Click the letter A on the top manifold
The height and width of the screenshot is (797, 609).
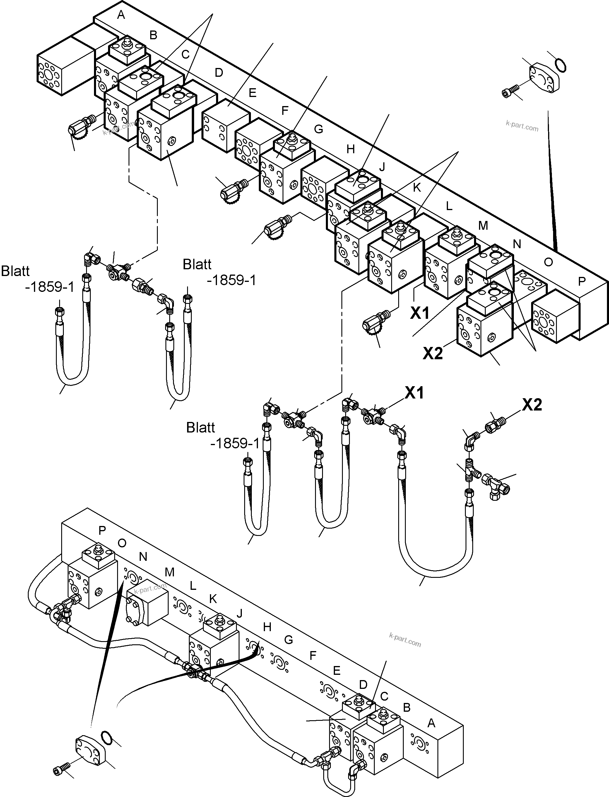tap(121, 15)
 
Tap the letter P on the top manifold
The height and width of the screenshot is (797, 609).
tap(581, 282)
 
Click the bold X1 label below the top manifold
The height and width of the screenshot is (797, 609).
tap(420, 313)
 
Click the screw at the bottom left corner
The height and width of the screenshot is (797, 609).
tap(60, 771)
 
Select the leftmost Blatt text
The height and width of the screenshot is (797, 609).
tap(15, 271)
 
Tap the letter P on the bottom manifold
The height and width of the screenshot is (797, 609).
tap(102, 531)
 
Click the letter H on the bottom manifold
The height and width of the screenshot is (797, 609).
tap(267, 627)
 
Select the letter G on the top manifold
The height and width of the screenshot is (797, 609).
tap(318, 129)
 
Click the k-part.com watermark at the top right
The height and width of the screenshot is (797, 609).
tap(522, 125)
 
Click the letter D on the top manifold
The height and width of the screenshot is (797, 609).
tap(219, 73)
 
